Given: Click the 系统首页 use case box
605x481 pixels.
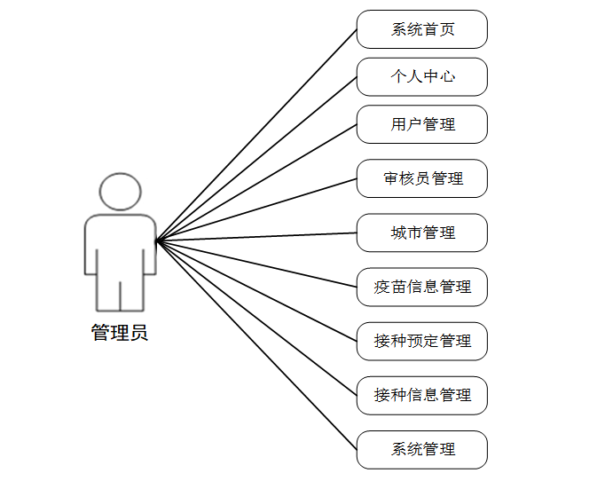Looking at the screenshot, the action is [422, 29].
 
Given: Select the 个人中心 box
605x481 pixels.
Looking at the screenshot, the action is [422, 77].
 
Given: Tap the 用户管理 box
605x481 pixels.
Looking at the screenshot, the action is [422, 124].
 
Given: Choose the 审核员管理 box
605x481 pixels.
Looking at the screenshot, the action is [422, 178].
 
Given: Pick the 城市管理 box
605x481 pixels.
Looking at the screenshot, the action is [422, 233].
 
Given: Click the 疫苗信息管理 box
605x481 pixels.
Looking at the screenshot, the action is [422, 287].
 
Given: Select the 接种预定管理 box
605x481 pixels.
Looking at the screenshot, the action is [422, 341].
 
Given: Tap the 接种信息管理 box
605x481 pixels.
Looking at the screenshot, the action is [422, 395].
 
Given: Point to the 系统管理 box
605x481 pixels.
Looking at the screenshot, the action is [422, 449].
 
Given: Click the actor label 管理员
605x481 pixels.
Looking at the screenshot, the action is [120, 334].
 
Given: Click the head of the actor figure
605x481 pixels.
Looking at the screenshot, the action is [120, 191].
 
